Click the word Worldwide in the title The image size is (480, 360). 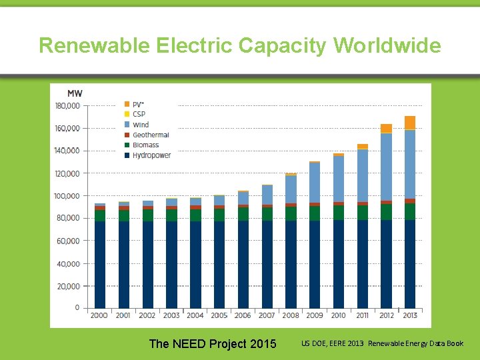(x=387, y=45)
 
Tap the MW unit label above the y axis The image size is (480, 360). (x=75, y=93)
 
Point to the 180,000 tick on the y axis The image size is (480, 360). (x=67, y=106)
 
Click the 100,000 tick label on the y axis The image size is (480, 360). (x=67, y=196)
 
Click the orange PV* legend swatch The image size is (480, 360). (x=127, y=105)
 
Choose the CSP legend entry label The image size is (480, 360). (x=139, y=115)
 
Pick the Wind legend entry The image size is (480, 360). (x=141, y=125)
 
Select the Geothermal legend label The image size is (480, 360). (x=151, y=135)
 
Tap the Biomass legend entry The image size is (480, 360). (x=145, y=145)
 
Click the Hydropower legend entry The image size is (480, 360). (x=151, y=155)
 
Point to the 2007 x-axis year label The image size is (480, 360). (x=267, y=315)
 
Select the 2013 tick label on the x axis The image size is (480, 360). (x=410, y=315)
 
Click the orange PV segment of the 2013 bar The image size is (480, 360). (x=410, y=123)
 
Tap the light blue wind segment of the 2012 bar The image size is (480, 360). (x=386, y=167)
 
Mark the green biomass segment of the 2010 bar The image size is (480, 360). (x=339, y=213)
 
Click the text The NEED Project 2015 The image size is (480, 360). (x=213, y=344)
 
